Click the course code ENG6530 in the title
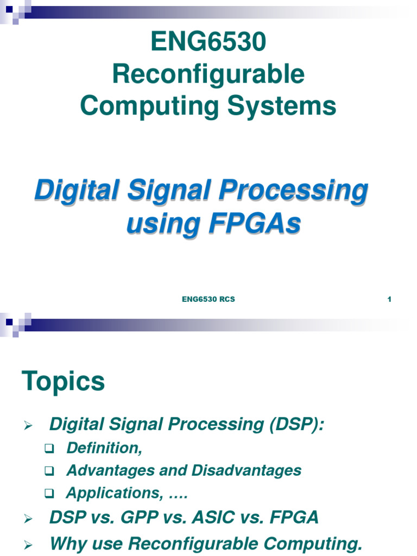click(x=208, y=42)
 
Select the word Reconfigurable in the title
click(x=208, y=74)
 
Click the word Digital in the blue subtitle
click(x=69, y=192)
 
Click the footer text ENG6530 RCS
click(x=208, y=299)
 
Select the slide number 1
click(x=389, y=299)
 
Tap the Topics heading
click(x=63, y=381)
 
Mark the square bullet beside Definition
click(x=50, y=448)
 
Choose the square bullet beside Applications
click(x=50, y=494)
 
